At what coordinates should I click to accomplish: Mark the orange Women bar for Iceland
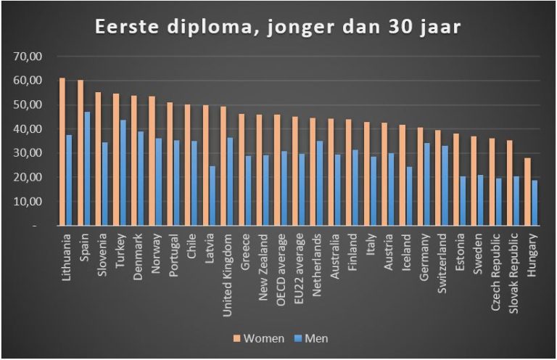(402, 175)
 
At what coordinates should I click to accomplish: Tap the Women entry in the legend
(258, 338)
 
